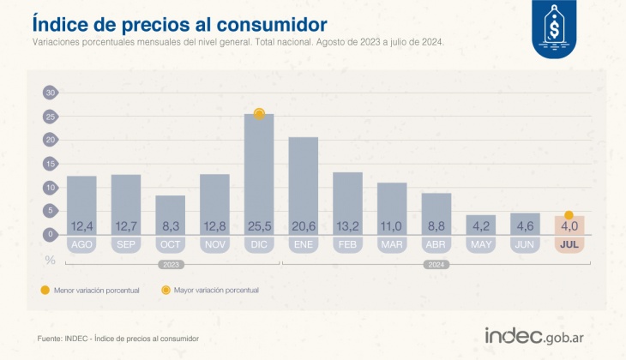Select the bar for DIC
[x=259, y=171]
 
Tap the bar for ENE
[x=304, y=184]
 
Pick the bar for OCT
[x=170, y=214]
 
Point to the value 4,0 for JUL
[x=568, y=226]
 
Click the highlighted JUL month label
[x=568, y=245]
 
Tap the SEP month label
[x=126, y=245]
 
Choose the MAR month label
[x=392, y=245]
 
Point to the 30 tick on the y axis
[x=50, y=93]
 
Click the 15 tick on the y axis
[x=50, y=163]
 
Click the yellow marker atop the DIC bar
[x=259, y=113]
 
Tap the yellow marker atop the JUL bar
[x=568, y=215]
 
